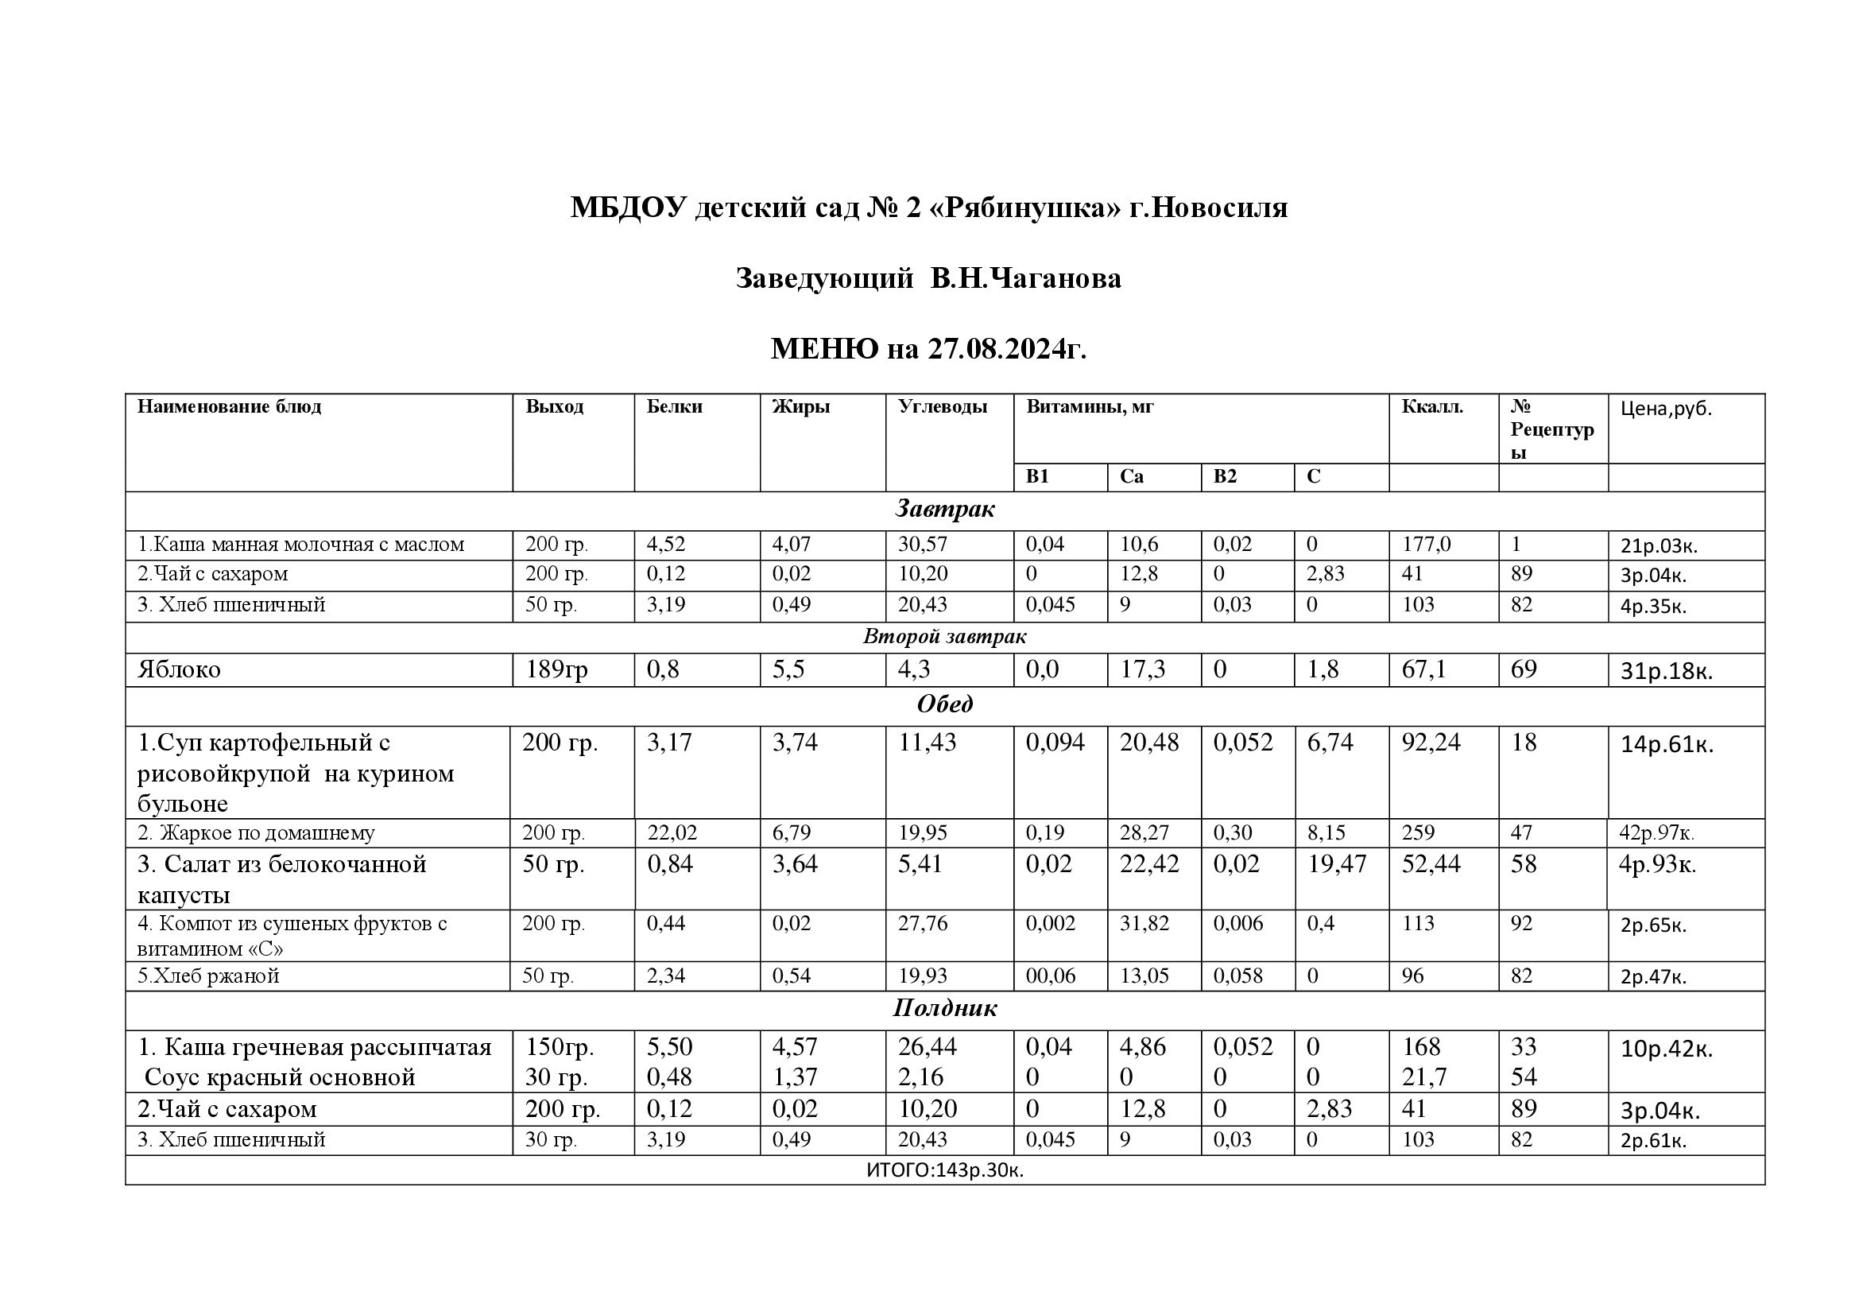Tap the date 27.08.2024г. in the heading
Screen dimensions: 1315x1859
(x=1006, y=349)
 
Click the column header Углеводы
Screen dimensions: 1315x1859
(x=943, y=406)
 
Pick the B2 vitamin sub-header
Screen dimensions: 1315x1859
(x=1225, y=476)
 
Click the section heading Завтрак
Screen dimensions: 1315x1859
(x=944, y=510)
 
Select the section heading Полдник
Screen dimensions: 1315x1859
(x=944, y=1008)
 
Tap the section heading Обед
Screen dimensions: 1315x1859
(x=944, y=704)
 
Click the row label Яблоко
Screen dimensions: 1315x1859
(x=179, y=669)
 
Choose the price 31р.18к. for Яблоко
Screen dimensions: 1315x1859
(x=1667, y=671)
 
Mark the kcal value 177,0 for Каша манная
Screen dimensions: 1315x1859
(x=1426, y=544)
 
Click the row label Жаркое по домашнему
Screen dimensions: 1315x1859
(x=256, y=832)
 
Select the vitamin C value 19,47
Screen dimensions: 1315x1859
(x=1337, y=864)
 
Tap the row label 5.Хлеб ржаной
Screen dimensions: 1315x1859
(x=208, y=976)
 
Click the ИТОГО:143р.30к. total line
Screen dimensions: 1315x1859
(x=944, y=1170)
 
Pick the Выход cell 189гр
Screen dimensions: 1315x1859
(x=557, y=669)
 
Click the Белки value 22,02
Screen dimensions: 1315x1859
(x=672, y=832)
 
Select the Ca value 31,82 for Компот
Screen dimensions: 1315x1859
(x=1144, y=923)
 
